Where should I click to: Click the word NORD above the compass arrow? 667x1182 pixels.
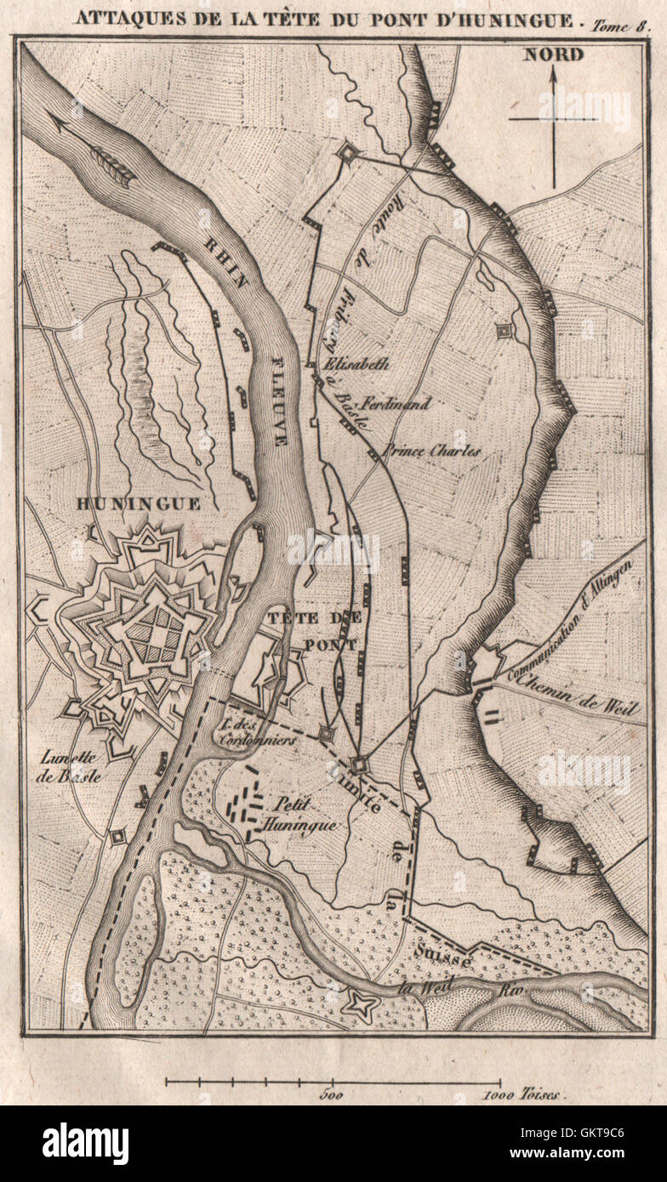[553, 55]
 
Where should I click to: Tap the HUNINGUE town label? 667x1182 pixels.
[138, 503]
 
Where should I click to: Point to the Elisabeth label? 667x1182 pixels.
[357, 364]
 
